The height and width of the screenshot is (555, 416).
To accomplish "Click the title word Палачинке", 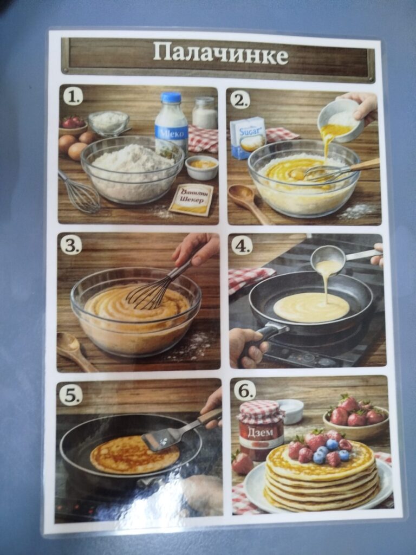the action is [220, 53].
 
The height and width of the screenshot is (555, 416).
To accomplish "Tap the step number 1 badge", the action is [73, 96].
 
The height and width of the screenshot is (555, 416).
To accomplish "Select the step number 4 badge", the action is [242, 246].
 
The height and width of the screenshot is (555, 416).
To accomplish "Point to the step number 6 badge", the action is [245, 391].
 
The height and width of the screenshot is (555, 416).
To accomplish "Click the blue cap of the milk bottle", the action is [171, 98].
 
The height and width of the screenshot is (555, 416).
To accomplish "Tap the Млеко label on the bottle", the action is [172, 133].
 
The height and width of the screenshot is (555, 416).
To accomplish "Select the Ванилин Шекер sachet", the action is [191, 199].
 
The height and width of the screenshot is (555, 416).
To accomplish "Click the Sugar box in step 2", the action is [248, 138].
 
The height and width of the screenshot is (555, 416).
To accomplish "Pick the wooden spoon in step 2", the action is [247, 203].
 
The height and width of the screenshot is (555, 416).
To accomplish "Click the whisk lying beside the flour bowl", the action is [80, 192].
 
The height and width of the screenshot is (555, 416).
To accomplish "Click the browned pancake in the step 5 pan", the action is [134, 455].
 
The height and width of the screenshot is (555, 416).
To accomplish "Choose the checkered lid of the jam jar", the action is [261, 412].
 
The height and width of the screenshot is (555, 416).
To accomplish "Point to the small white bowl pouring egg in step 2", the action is [340, 120].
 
